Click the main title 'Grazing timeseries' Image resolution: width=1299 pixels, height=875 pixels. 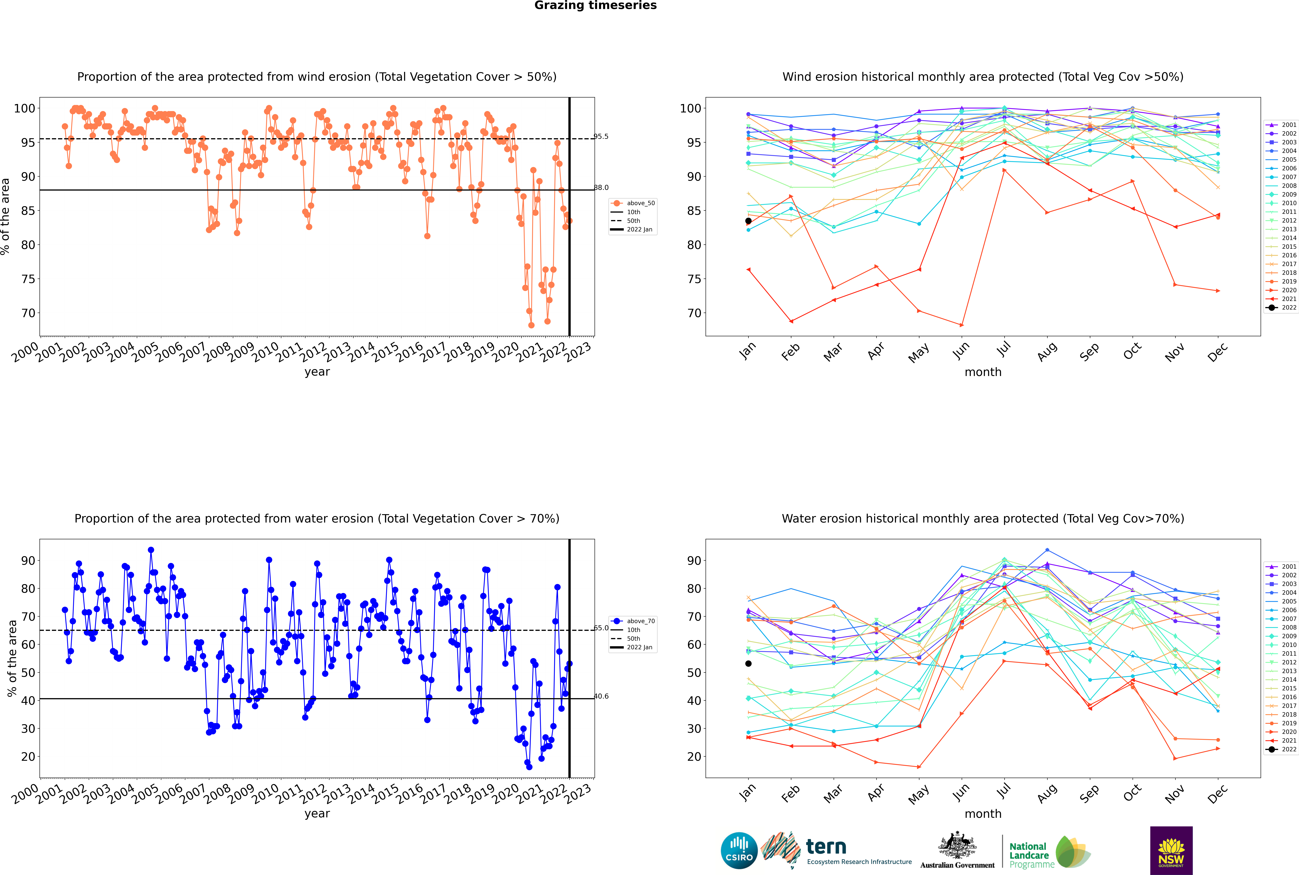[595, 6]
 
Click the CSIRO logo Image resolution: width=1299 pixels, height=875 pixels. [739, 850]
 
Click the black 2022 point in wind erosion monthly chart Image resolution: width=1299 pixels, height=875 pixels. [748, 221]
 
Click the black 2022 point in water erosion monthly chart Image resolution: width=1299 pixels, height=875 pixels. [748, 664]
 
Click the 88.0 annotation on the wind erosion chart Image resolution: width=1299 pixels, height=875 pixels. [601, 188]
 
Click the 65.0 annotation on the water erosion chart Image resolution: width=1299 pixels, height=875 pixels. [601, 628]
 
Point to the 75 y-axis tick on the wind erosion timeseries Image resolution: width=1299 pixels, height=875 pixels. [28, 279]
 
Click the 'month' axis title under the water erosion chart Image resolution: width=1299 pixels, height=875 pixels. [983, 814]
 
